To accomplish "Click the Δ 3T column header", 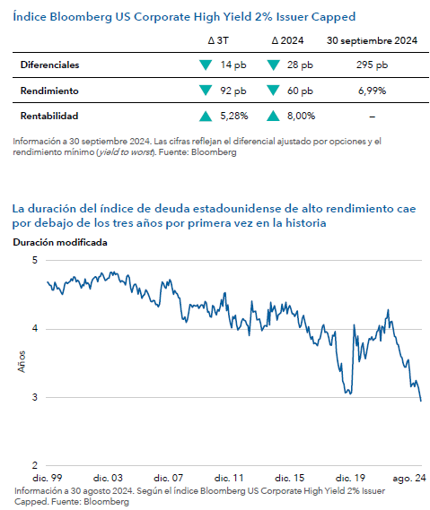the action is coord(218,40).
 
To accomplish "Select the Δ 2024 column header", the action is coord(287,40).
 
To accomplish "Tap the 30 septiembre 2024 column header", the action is coord(372,40).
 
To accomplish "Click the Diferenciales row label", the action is coord(50,65).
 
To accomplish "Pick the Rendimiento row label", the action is coord(49,91).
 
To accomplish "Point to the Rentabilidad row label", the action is coord(49,116).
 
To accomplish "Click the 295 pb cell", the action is coord(372,65).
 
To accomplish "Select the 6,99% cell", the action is coord(372,91).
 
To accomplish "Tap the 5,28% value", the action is coord(234,116).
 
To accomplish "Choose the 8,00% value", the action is coord(301,116).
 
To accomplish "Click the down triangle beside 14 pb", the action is coord(206,65).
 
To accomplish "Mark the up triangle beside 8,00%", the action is coord(273,116).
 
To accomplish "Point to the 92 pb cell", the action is coord(233,91).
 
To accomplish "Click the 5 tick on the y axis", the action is coord(35,260).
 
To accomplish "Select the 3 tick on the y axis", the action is coord(35,397).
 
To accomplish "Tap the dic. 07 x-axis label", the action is coord(169,478).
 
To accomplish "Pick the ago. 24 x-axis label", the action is coord(409,478).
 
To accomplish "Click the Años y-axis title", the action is coord(22,362).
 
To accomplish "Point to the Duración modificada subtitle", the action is coord(60,242).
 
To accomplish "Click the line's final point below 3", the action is coord(421,401).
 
